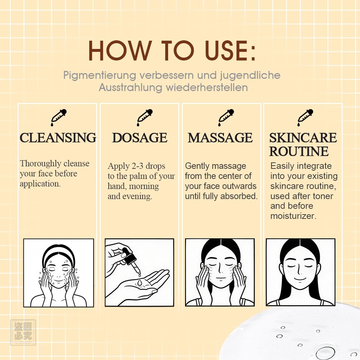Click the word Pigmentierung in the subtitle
(x=100, y=76)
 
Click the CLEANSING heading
(x=58, y=138)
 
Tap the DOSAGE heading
(x=140, y=138)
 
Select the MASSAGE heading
(x=220, y=138)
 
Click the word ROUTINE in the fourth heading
(x=299, y=151)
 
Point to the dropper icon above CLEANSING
(x=59, y=118)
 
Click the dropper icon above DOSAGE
(x=145, y=118)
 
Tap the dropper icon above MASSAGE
(x=226, y=118)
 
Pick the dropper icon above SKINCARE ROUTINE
(x=305, y=118)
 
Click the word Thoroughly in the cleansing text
(x=40, y=164)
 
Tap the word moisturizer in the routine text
(x=292, y=216)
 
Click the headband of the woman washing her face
(x=59, y=253)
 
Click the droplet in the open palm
(x=140, y=282)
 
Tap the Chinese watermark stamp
(x=23, y=332)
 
